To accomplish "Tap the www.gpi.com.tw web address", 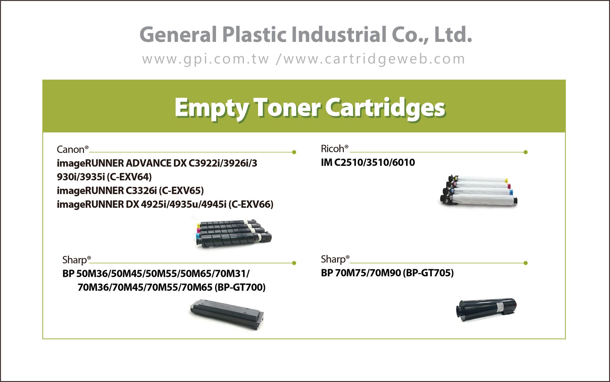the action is (206, 59).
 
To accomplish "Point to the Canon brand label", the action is (72, 149).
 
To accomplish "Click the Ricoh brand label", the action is (335, 148).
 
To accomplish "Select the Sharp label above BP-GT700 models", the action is (77, 260).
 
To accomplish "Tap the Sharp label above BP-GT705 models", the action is (335, 259).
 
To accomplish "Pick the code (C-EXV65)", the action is (181, 190).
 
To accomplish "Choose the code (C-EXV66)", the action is (251, 204).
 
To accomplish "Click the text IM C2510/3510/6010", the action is (368, 162).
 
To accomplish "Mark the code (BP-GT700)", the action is (240, 287).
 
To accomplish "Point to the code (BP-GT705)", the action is (428, 273).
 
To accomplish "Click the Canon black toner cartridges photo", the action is (233, 233).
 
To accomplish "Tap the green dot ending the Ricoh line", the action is (525, 152).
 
